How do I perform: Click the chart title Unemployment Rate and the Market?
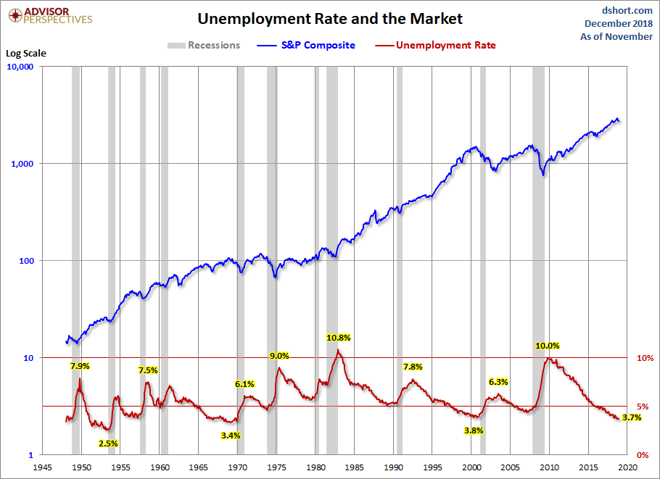(330, 18)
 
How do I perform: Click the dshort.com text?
(627, 10)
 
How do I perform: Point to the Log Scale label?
(25, 54)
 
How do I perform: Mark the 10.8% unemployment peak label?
(338, 338)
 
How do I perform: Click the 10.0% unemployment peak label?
(548, 346)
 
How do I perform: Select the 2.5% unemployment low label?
(108, 443)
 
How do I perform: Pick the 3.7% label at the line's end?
(632, 417)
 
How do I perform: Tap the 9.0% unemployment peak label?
(279, 356)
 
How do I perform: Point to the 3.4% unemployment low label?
(231, 436)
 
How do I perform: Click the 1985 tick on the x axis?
(355, 467)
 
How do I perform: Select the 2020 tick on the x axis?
(628, 467)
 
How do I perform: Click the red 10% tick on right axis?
(644, 358)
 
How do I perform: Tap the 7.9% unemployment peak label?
(80, 366)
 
